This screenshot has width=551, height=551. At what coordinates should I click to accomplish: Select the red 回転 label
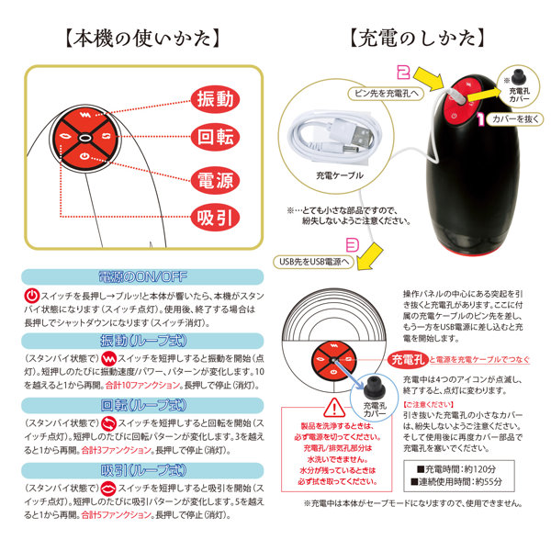click(x=217, y=138)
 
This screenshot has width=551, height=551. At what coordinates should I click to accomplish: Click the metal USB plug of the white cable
click(x=361, y=134)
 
